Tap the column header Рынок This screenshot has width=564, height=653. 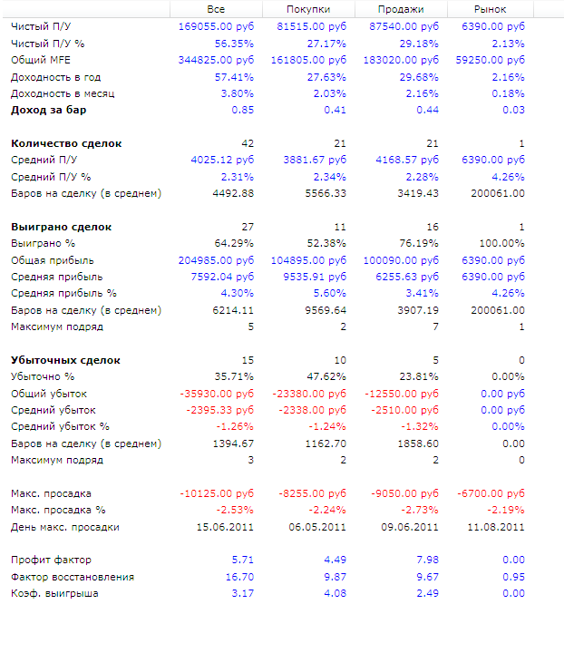pos(491,9)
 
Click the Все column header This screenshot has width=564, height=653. pos(216,9)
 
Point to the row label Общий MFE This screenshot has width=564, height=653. pos(42,60)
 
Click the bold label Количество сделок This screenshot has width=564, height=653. pos(66,143)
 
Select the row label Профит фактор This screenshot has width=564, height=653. pos(51,560)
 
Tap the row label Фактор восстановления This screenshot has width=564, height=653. pos(73,577)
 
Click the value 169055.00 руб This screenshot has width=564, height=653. pos(217,26)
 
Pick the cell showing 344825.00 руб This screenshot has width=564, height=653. pos(217,60)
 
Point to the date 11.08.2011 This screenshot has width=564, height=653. pos(498,527)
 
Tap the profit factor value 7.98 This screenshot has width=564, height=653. pos(426,560)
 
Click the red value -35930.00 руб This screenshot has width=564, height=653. pos(219,394)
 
